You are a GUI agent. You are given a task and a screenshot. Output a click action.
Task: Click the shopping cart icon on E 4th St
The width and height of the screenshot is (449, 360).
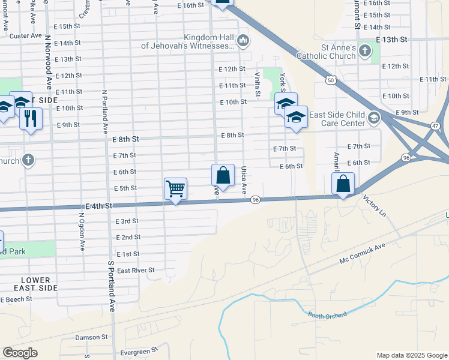coord(175,189)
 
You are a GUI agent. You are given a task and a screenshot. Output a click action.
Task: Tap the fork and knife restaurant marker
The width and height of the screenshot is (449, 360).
coord(31,118)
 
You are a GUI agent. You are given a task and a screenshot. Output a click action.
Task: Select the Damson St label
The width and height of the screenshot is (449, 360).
coord(91,338)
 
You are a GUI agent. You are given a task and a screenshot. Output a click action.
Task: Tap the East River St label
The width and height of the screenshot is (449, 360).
coord(136,271)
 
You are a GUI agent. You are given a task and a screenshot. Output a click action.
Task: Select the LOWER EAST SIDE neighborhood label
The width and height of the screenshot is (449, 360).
coord(39,284)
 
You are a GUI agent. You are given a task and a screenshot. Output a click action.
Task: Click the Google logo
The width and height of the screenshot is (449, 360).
coord(20,353)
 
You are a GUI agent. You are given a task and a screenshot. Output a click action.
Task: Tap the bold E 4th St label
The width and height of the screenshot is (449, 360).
coord(99,206)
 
